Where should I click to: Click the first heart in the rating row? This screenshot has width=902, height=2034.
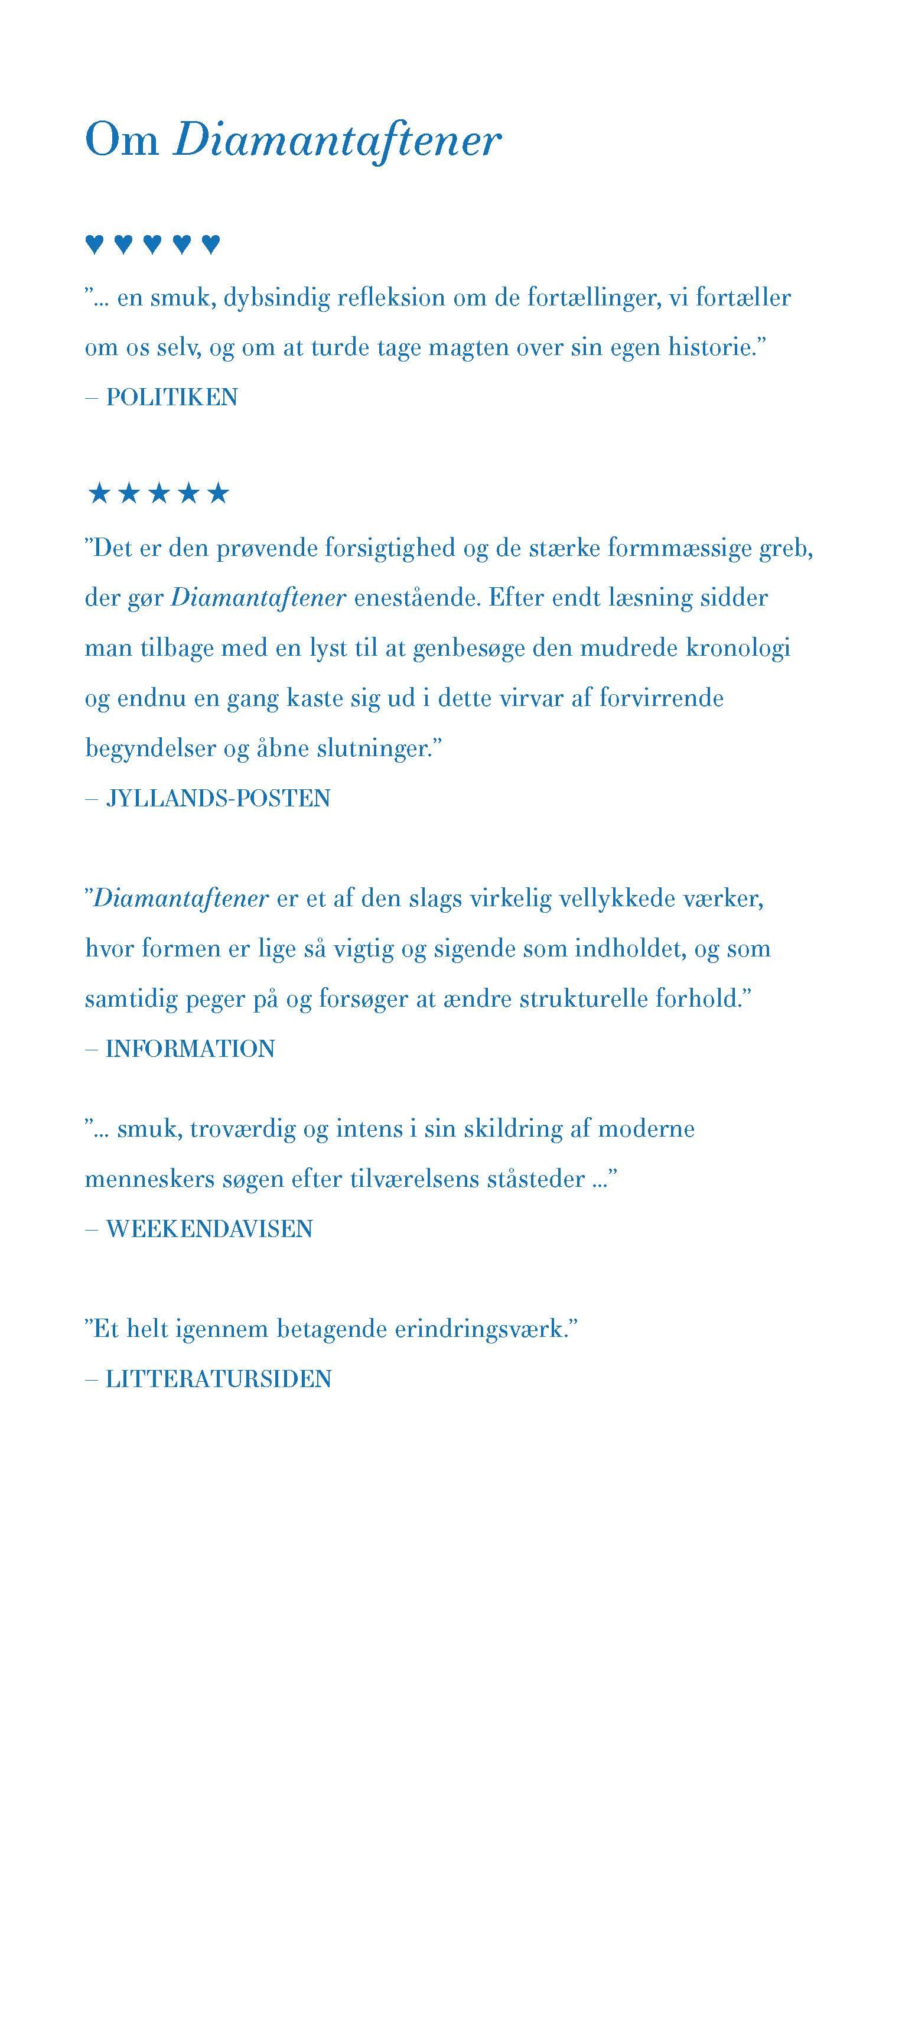pos(94,244)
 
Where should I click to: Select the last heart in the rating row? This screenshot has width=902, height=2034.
pos(210,244)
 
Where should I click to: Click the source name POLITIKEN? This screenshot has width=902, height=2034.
pos(171,396)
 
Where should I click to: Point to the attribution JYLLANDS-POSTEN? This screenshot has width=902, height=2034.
pos(218,798)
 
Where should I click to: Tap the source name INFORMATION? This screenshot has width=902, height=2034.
pos(190,1048)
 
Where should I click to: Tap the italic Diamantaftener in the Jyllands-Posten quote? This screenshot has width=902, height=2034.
pos(258,598)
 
